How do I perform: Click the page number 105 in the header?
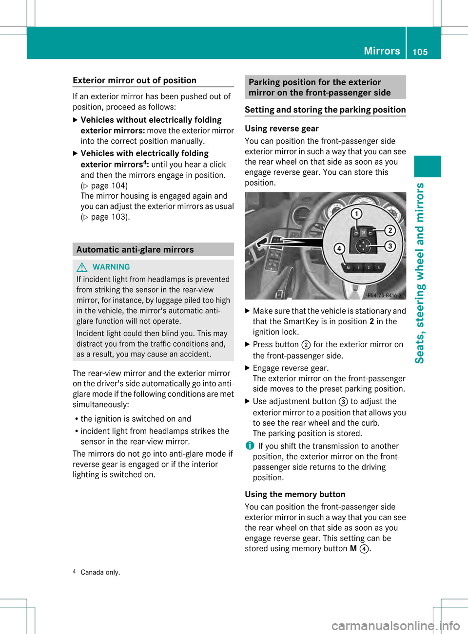420,52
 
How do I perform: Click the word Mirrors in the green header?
382,51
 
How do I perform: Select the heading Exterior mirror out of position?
135,80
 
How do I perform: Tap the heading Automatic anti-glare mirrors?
135,250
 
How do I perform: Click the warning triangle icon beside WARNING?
82,267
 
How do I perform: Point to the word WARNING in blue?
111,267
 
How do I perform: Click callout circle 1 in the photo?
356,214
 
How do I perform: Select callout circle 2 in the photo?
390,230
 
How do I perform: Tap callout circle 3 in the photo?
390,246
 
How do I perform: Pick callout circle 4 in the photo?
339,249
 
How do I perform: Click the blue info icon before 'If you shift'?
250,446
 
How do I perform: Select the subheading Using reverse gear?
282,129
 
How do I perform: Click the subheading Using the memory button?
295,494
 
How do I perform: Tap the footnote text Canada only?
100,572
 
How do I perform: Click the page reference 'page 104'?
109,186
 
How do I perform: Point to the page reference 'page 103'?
109,217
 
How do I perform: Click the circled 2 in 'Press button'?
306,345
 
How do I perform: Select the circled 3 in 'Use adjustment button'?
343,402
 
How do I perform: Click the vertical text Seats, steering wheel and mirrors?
420,273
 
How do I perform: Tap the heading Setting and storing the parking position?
325,110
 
